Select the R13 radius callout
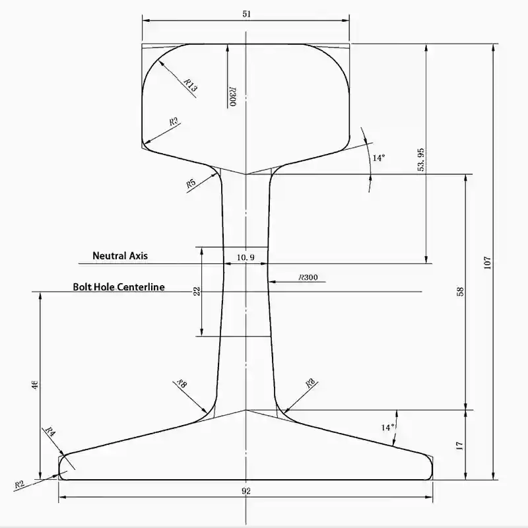[190, 85]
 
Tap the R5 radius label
[191, 183]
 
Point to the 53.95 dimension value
[421, 160]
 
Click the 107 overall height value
[487, 262]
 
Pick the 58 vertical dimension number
[461, 291]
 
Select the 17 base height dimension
[460, 445]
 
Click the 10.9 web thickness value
[246, 257]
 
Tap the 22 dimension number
[196, 291]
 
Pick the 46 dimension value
[35, 385]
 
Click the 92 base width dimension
[246, 490]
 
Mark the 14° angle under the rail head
[378, 158]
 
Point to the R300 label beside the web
[308, 278]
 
